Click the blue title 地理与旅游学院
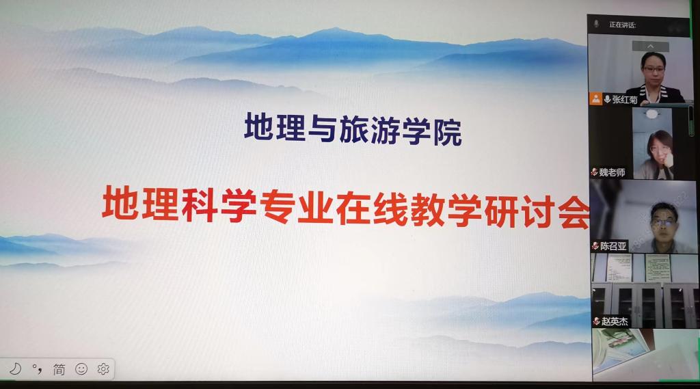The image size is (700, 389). pos(353,130)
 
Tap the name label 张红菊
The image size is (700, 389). pos(625,100)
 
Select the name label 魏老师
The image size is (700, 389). pos(612,172)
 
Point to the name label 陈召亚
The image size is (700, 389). pos(613,246)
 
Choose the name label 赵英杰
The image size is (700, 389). pos(615,321)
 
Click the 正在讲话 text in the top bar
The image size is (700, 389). pos(622,25)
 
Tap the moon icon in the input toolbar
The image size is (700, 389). pos(16,369)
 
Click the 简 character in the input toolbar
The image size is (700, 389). pos(59,369)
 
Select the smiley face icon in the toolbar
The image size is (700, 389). pos(81,369)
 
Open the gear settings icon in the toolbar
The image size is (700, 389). pos(103,369)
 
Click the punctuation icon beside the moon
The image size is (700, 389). pos(37,369)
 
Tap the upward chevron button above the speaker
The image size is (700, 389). pos(651,46)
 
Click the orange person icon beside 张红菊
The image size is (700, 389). pos(595,98)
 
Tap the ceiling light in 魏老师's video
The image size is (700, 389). pos(651,114)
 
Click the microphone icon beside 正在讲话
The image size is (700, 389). pos(596,24)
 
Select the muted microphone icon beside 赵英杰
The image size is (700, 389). pos(596,321)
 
